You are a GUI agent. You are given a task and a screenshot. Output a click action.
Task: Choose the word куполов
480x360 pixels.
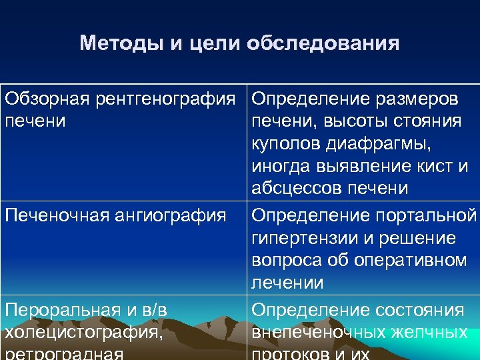(x=286, y=144)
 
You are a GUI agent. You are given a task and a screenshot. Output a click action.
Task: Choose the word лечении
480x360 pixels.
(x=287, y=283)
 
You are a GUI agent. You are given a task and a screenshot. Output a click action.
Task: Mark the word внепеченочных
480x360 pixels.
(x=315, y=332)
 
